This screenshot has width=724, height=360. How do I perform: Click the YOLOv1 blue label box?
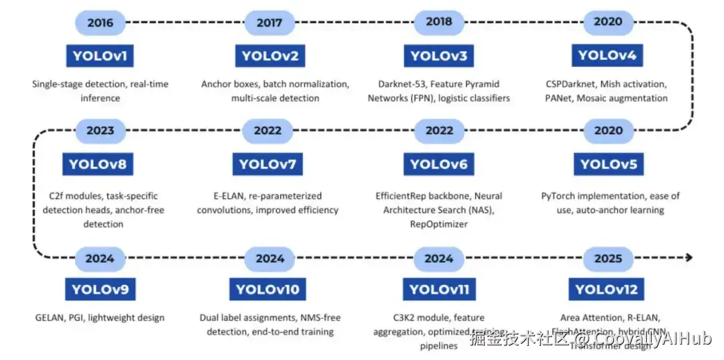(x=99, y=56)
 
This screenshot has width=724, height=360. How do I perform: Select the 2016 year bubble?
(x=100, y=23)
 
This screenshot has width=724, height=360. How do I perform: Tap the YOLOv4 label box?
(x=607, y=56)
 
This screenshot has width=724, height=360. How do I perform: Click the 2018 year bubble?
(x=439, y=22)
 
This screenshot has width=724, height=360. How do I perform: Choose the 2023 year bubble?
(x=100, y=131)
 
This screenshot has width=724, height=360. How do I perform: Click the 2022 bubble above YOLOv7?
(x=267, y=131)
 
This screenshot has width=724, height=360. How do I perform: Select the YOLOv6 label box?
(x=438, y=164)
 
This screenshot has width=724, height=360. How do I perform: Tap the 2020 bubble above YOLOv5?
(x=608, y=131)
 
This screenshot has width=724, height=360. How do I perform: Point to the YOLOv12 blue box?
(x=607, y=290)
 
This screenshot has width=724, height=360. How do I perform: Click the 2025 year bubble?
(x=608, y=258)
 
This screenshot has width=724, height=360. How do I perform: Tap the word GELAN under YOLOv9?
(x=49, y=318)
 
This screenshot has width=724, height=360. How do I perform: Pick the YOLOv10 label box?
(x=267, y=290)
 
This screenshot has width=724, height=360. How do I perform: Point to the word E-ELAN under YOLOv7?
(x=219, y=196)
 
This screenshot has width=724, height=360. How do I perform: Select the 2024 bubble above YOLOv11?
(x=439, y=258)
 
